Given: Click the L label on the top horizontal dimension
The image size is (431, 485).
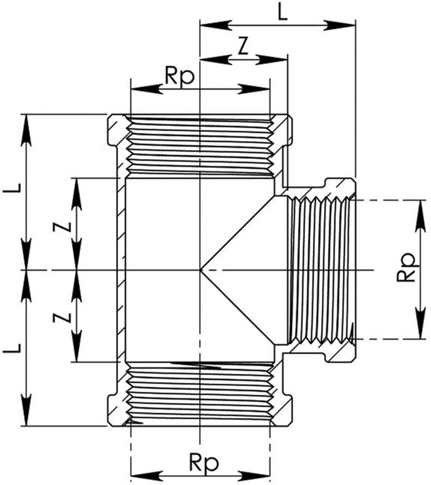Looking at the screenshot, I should click(282, 12).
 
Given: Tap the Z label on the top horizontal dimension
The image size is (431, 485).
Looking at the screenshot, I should click(243, 47).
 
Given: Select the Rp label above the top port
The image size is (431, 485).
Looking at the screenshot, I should click(179, 77).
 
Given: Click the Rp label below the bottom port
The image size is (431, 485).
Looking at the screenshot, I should click(202, 462).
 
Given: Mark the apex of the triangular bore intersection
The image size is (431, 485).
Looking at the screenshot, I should click(201, 269).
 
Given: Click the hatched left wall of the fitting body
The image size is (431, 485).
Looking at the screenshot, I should click(122, 269).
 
